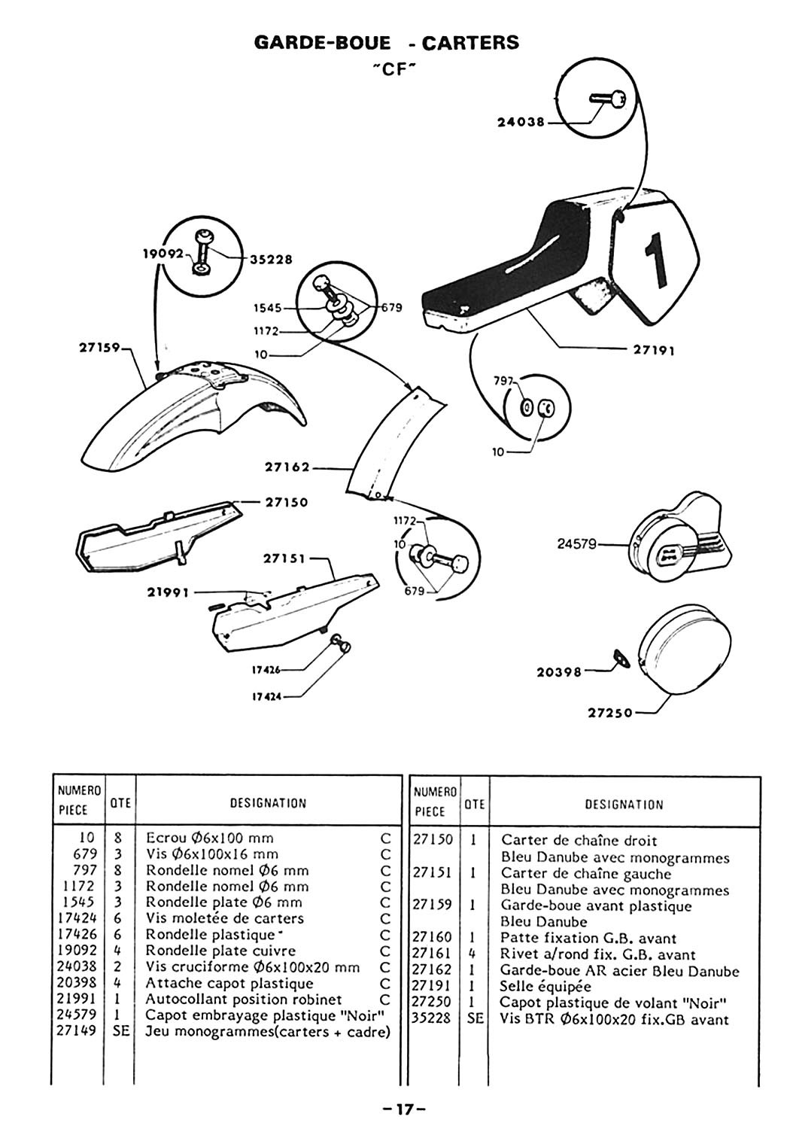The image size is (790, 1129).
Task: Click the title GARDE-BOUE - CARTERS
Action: click(387, 42)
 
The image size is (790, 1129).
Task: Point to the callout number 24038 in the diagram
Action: click(521, 122)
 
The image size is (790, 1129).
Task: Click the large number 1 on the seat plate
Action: click(657, 260)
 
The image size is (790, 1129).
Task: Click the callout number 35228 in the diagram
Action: click(270, 259)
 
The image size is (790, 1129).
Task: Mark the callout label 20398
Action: click(559, 673)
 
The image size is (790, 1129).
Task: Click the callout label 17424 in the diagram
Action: click(266, 697)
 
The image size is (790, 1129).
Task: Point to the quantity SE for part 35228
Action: click(474, 1019)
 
